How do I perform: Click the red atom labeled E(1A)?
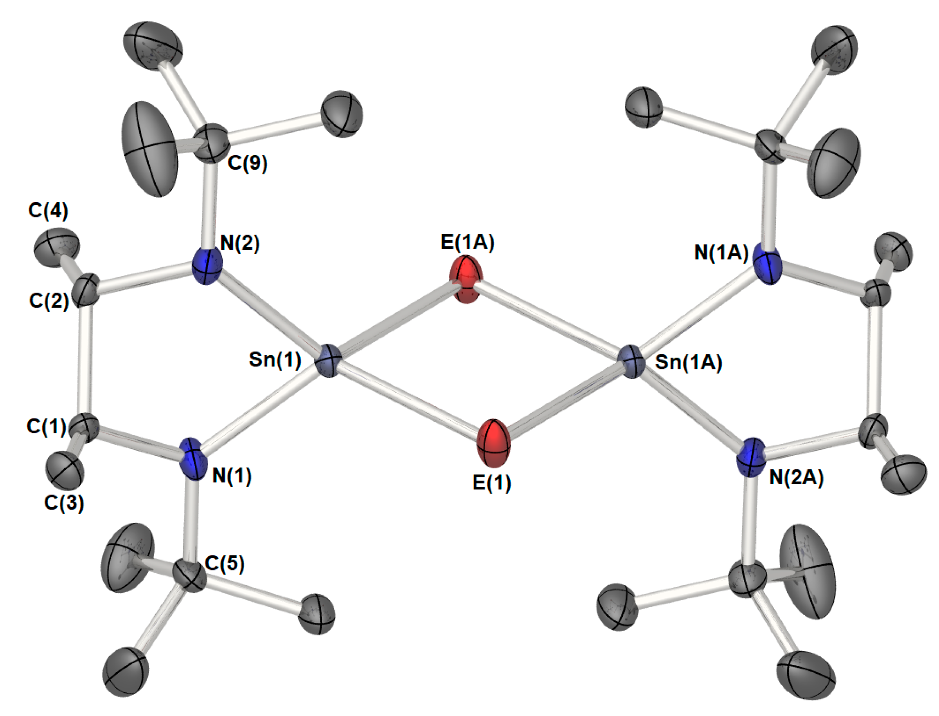point(466,279)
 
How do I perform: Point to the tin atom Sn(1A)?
point(632,362)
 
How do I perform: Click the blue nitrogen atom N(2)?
point(207,267)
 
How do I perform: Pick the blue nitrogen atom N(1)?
point(194,459)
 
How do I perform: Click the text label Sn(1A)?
point(689,362)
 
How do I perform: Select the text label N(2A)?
point(797,478)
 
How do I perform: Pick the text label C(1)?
point(46,426)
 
